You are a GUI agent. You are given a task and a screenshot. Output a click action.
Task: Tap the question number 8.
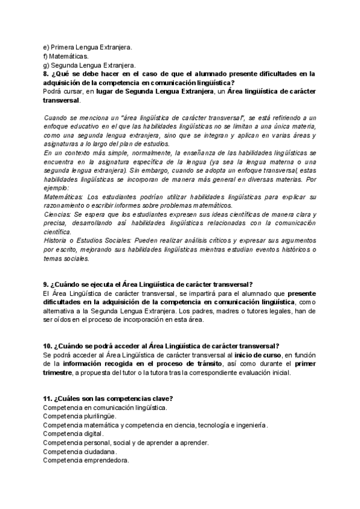(x=46, y=74)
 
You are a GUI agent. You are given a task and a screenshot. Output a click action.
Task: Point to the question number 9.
(x=46, y=284)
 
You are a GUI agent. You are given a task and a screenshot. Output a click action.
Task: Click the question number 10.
(x=47, y=346)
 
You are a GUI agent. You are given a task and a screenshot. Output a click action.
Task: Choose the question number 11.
(x=47, y=399)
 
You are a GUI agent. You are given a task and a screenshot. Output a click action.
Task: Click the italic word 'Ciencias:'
(x=58, y=213)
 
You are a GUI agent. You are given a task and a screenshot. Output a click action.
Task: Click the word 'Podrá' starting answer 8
(x=53, y=91)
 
